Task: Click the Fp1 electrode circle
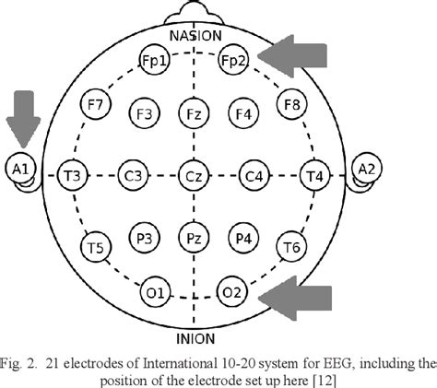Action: click(154, 60)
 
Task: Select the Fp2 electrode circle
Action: click(233, 60)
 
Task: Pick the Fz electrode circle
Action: click(194, 114)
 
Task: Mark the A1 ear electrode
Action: click(19, 170)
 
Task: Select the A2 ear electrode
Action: click(367, 170)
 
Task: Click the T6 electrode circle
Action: click(293, 246)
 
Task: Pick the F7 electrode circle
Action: click(94, 103)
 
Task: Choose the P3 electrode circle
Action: click(144, 237)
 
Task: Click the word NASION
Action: click(194, 35)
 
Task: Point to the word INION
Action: click(194, 324)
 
